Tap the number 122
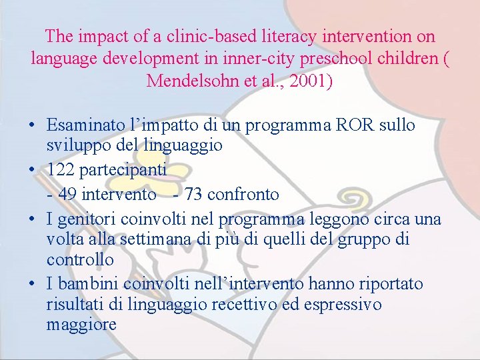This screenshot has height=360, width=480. [x=61, y=170]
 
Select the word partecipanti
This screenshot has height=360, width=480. [x=123, y=170]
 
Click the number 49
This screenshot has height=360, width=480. [x=67, y=194]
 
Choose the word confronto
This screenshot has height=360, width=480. [x=243, y=194]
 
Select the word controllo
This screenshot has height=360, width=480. [x=80, y=259]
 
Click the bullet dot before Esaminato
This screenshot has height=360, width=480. [x=32, y=125]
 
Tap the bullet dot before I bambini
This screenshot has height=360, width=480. [x=32, y=284]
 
